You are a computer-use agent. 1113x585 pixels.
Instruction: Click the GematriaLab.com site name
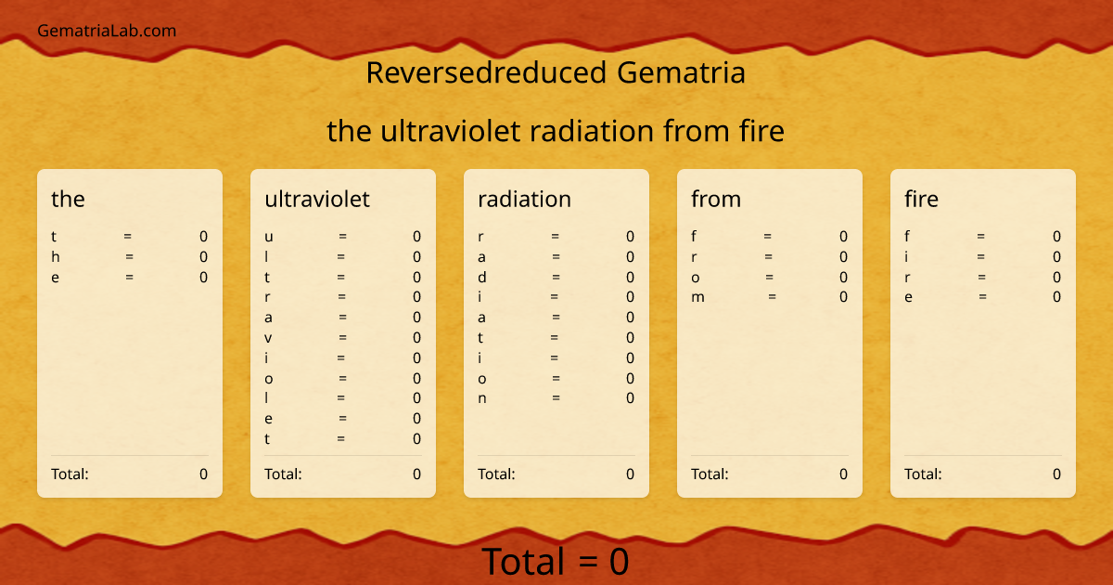point(107,31)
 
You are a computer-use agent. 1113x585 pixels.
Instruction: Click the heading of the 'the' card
point(68,199)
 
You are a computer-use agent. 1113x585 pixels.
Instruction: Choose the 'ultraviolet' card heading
point(317,199)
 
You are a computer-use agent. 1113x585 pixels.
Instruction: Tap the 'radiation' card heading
point(524,199)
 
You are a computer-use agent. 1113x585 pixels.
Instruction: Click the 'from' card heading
point(716,199)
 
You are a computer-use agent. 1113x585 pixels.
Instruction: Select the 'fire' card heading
point(921,199)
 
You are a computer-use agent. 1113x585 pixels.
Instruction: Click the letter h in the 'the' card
point(55,257)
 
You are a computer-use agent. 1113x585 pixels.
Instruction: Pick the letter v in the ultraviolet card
point(268,338)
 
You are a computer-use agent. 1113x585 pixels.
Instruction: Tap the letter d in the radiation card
point(482,278)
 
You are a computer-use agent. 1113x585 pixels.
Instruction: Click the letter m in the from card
point(698,298)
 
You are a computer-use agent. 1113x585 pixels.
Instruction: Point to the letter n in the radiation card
point(482,399)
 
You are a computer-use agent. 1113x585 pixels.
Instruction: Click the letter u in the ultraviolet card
point(268,237)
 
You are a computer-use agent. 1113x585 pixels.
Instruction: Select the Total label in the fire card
point(923,474)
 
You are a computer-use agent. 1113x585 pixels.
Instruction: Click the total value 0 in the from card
point(843,474)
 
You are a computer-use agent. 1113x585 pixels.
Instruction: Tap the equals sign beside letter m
point(772,297)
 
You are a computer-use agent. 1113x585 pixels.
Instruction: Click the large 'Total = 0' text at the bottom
point(556,562)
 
